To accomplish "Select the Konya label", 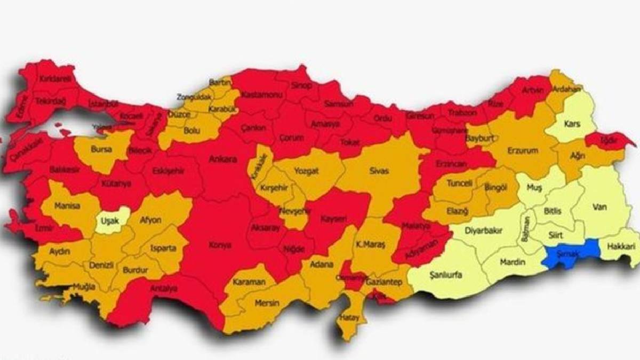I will coord(220,245).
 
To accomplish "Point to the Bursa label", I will coord(101,149).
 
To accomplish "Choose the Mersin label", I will coord(267,303).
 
